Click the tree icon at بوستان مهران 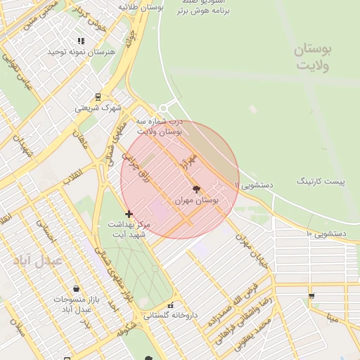click(x=196, y=188)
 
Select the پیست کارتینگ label click(x=321, y=182)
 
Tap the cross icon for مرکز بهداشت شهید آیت click(x=129, y=214)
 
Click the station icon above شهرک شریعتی click(x=98, y=97)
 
